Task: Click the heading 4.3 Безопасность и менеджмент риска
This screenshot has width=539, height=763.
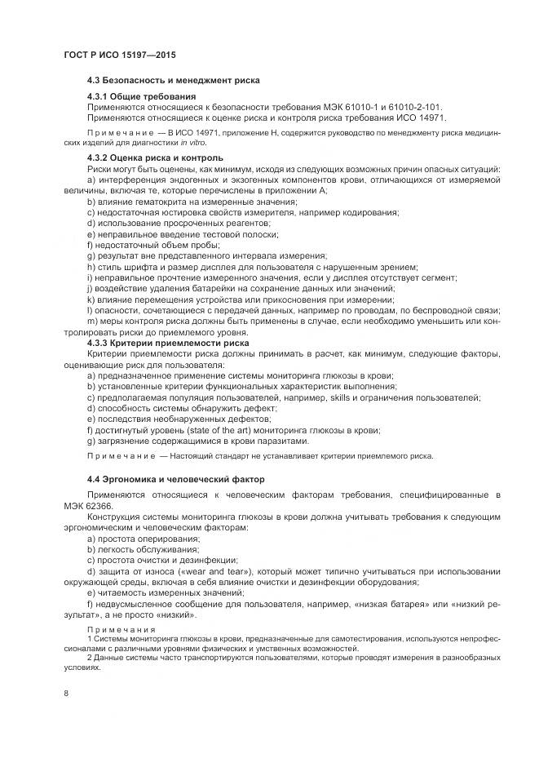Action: pos(174,81)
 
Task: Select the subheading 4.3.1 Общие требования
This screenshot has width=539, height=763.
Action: pos(141,97)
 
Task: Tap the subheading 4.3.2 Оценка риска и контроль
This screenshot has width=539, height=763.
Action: pos(155,157)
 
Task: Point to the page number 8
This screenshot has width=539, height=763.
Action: pos(65,693)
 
